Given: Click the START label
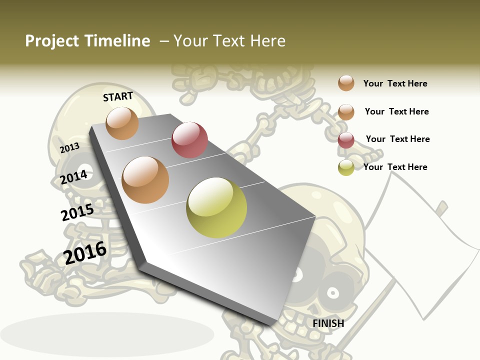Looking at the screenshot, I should pyautogui.click(x=118, y=96).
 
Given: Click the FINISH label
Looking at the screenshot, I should pyautogui.click(x=328, y=323).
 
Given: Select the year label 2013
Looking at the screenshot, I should pyautogui.click(x=69, y=147).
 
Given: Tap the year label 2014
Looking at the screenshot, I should pyautogui.click(x=74, y=177).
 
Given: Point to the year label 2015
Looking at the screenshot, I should pyautogui.click(x=77, y=212).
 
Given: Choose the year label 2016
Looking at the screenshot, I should pyautogui.click(x=85, y=252).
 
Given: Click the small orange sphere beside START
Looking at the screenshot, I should pyautogui.click(x=122, y=123).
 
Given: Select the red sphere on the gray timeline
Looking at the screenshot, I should pyautogui.click(x=189, y=140).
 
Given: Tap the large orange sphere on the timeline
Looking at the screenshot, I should pyautogui.click(x=145, y=180).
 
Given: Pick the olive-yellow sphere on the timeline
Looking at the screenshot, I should pyautogui.click(x=216, y=207).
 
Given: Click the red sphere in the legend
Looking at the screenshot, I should pyautogui.click(x=346, y=140).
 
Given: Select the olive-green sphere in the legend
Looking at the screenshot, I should pyautogui.click(x=346, y=167).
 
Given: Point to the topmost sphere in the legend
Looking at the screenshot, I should pyautogui.click(x=346, y=83).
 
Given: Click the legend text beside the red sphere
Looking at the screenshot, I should pyautogui.click(x=397, y=139).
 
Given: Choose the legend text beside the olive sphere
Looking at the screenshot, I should pyautogui.click(x=395, y=167).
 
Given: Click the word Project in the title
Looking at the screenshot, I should pyautogui.click(x=52, y=41).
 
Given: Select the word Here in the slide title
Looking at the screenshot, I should pyautogui.click(x=267, y=41).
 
